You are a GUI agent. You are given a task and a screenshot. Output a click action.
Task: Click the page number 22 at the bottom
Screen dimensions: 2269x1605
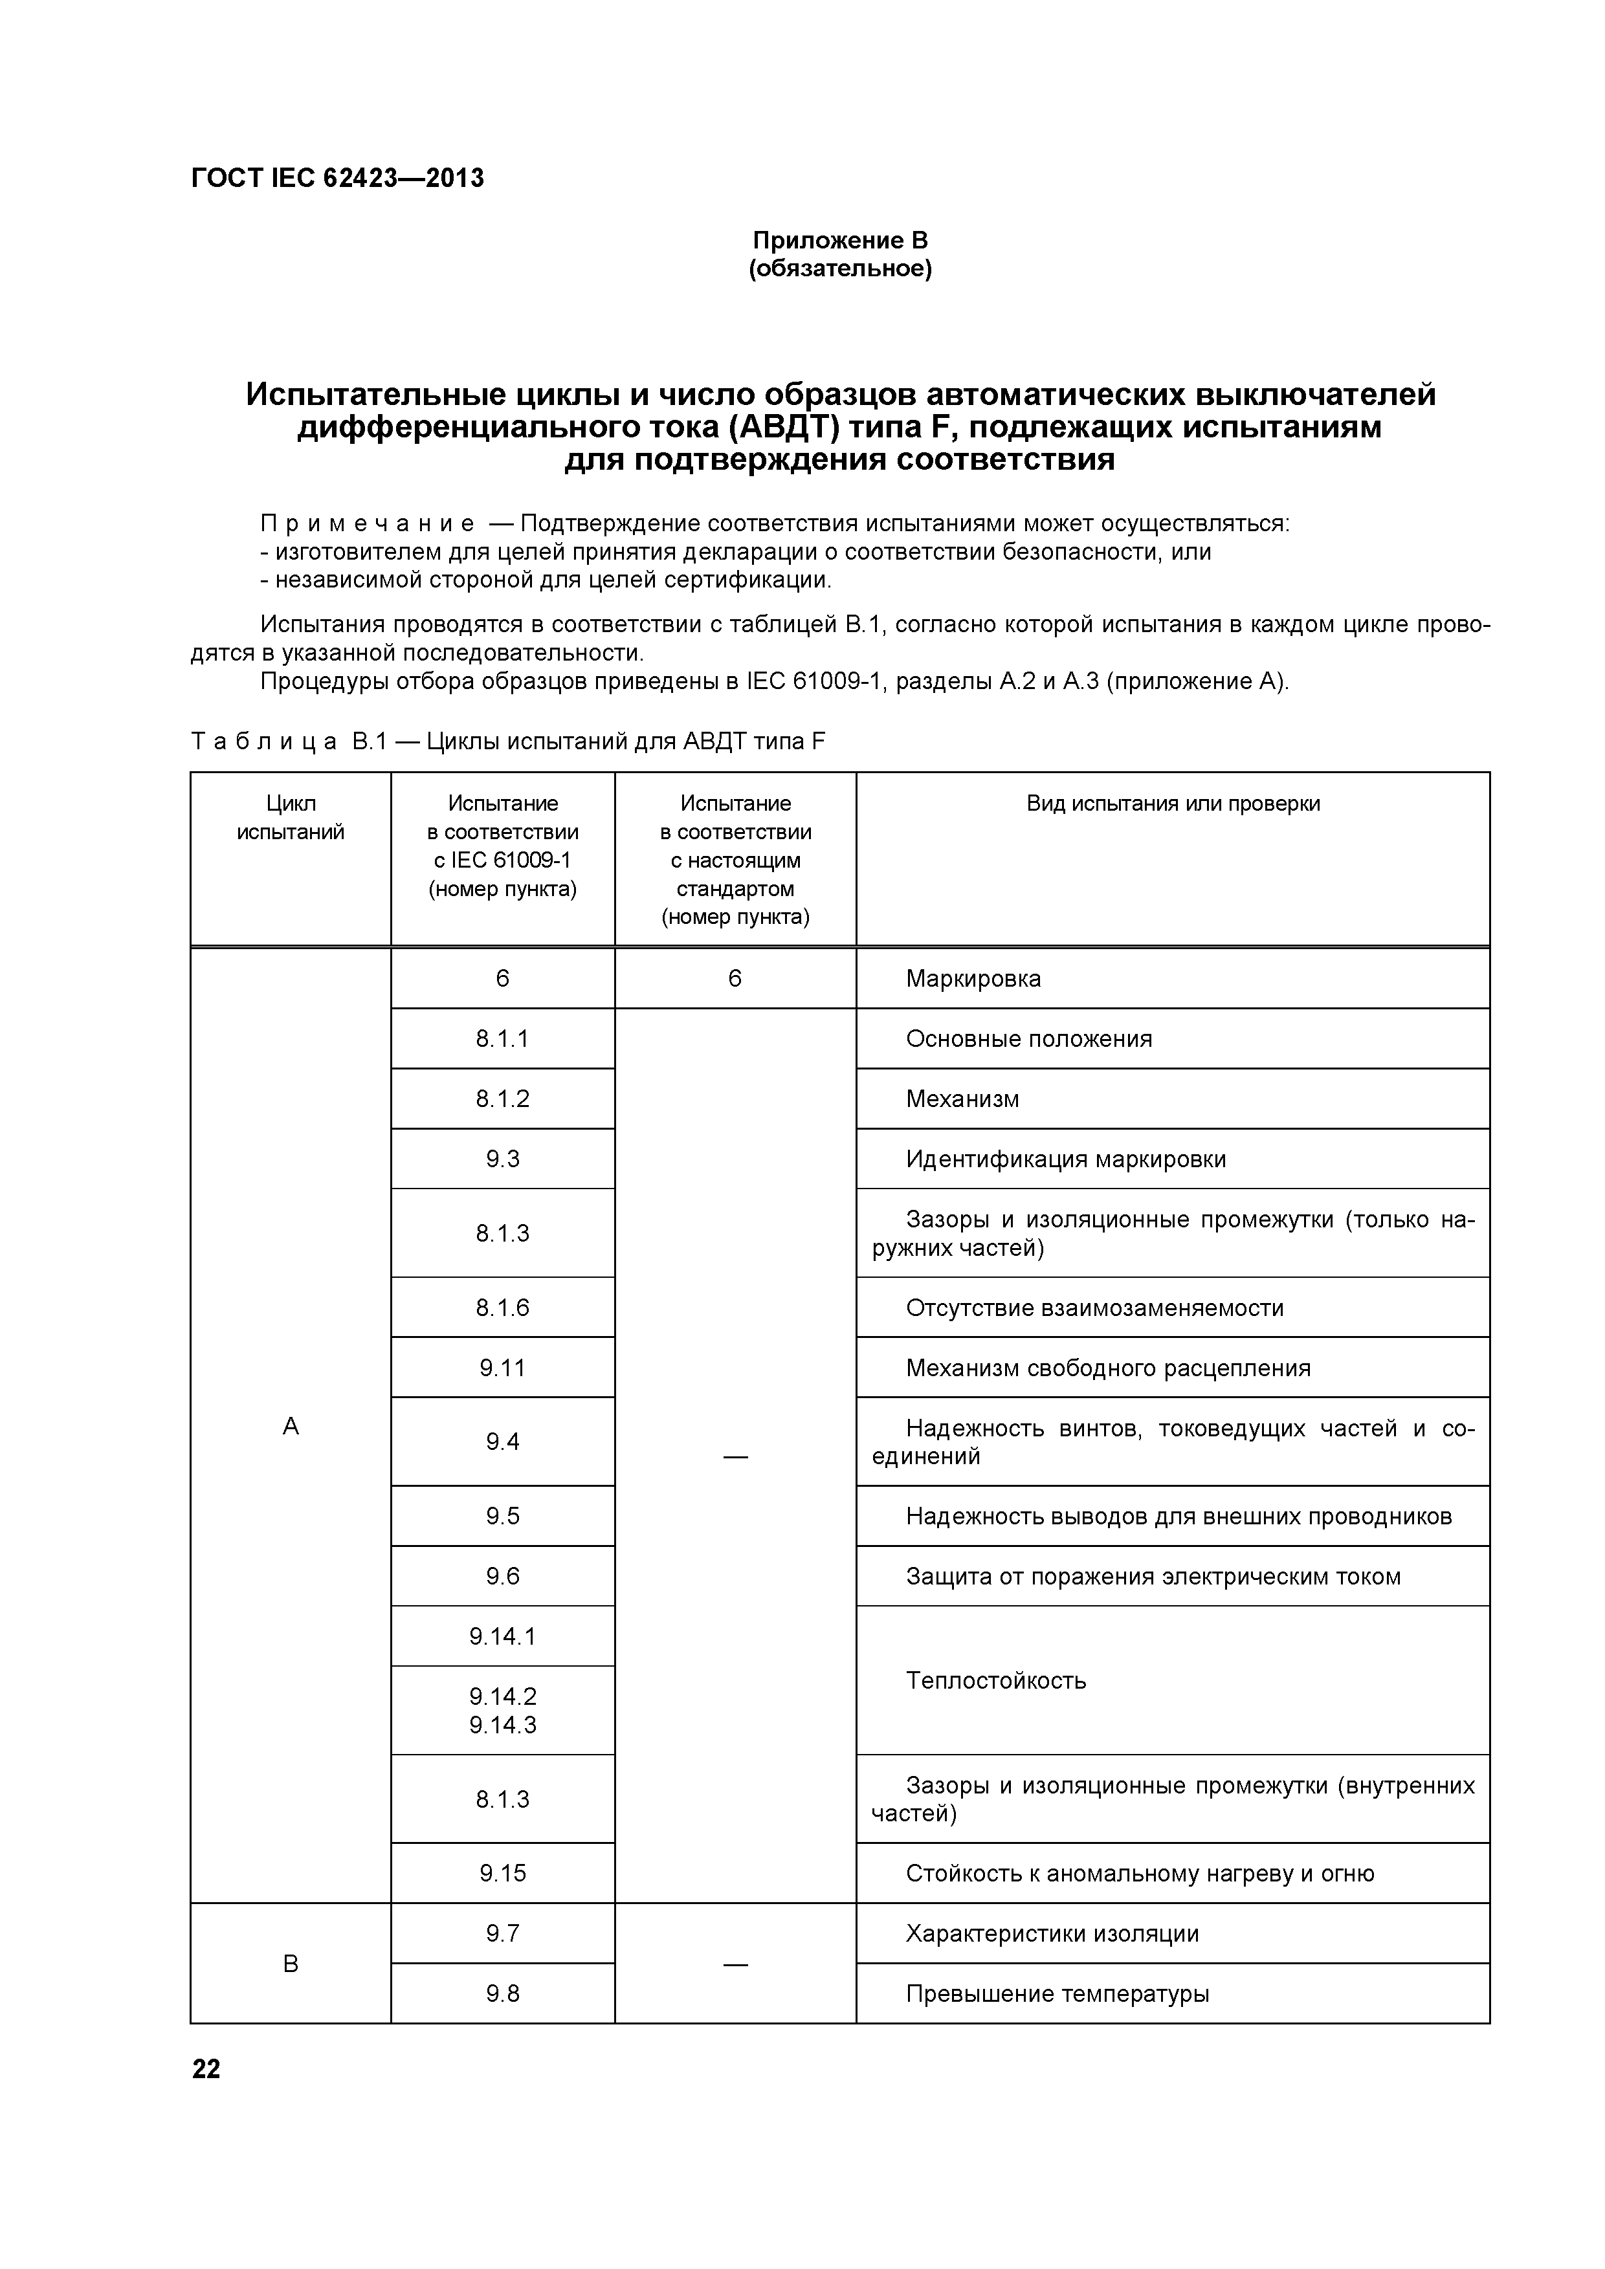[206, 2069]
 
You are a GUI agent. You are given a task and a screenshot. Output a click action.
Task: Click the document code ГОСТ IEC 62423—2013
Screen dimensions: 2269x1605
[337, 178]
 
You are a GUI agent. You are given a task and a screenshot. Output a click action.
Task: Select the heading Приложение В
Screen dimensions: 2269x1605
[840, 240]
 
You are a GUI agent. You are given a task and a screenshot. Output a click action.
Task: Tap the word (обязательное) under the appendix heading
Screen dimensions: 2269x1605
[840, 269]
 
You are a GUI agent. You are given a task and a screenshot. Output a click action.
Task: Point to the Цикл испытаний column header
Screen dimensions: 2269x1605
[291, 817]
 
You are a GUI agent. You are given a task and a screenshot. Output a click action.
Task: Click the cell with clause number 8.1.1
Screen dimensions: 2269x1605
[502, 1038]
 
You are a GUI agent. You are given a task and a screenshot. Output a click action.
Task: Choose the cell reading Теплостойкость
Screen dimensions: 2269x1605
[995, 1680]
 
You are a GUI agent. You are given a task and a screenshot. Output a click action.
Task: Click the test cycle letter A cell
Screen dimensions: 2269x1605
[291, 1426]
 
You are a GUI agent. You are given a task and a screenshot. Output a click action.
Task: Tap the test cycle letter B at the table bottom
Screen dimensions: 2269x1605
[291, 1964]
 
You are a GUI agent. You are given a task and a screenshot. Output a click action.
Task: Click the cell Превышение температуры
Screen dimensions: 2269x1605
[1056, 1993]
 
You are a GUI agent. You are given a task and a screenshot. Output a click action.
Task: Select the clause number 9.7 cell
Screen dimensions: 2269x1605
[502, 1933]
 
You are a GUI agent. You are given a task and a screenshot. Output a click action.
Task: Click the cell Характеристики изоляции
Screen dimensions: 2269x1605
[1052, 1933]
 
